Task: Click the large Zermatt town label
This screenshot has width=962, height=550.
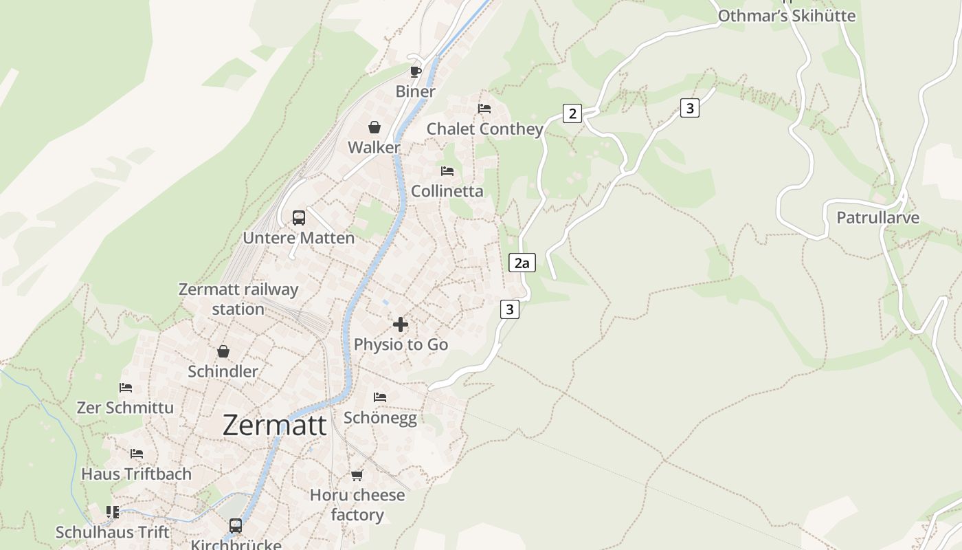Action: pos(274,426)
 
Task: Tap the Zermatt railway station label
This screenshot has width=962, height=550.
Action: pos(238,299)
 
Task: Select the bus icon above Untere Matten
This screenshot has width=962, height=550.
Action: pos(298,218)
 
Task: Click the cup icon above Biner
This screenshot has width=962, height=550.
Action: pos(415,71)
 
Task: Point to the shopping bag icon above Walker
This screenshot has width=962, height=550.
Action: pos(374,127)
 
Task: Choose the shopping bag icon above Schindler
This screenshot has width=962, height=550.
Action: pos(223,351)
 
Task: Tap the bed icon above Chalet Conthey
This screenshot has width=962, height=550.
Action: pos(484,109)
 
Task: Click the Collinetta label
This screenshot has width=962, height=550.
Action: pos(447,191)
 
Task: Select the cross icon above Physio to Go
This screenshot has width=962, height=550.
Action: pos(401,324)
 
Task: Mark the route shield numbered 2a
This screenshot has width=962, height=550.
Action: pos(522,263)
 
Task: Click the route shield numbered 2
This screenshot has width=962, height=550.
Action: pos(572,113)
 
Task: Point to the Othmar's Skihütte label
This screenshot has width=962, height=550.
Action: pos(787,16)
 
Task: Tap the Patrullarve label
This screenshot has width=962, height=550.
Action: pos(877,218)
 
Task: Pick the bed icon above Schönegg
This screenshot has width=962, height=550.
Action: pos(379,397)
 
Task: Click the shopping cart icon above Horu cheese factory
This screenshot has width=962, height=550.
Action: pos(357,475)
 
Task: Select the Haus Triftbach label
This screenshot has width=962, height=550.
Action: pos(136,474)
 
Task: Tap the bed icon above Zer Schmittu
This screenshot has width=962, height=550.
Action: pos(125,388)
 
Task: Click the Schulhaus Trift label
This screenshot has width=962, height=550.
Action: pos(112,532)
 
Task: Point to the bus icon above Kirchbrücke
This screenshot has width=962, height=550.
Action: pos(236,526)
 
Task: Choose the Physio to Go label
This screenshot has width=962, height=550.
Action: pos(401,344)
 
